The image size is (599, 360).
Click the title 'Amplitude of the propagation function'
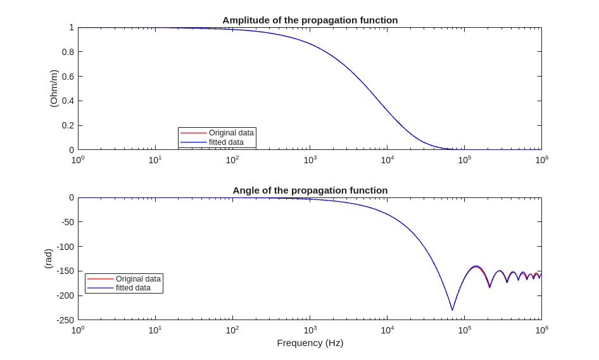(x=310, y=20)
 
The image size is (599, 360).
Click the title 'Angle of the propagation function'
(x=310, y=190)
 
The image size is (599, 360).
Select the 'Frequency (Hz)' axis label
(x=310, y=343)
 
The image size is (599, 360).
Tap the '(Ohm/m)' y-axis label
(x=54, y=89)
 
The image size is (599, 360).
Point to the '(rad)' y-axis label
(x=48, y=258)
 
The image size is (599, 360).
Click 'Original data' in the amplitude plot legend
(x=231, y=133)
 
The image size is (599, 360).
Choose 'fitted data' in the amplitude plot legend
(x=226, y=142)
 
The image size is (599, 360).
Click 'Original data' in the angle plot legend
(x=138, y=279)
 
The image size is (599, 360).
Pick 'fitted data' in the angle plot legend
(x=133, y=288)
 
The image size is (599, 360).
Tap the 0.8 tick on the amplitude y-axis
(x=68, y=52)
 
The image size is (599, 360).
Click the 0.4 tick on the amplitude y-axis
(x=68, y=101)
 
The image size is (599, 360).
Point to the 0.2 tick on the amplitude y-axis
(x=68, y=125)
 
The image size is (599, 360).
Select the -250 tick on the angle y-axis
(x=64, y=320)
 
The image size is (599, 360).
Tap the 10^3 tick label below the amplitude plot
(x=310, y=160)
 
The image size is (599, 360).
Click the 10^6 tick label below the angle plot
(x=541, y=330)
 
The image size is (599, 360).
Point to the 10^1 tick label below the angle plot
(x=155, y=330)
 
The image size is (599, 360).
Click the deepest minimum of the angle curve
(x=452, y=310)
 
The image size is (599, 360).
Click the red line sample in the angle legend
(x=100, y=279)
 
